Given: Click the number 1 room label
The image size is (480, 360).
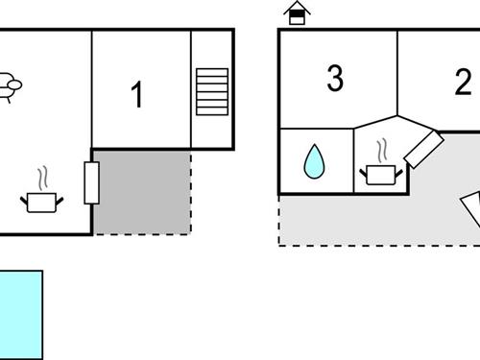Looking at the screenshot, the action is [x=136, y=95].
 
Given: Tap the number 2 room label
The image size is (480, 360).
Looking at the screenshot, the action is [x=463, y=83].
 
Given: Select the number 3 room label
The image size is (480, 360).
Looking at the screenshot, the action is [x=334, y=80].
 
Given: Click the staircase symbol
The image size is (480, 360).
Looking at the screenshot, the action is [x=212, y=91].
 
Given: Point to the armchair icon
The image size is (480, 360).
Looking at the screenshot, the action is [x=9, y=86].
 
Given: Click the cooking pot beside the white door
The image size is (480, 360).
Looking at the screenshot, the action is [x=41, y=201].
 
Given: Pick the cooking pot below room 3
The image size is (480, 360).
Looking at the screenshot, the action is [x=380, y=174].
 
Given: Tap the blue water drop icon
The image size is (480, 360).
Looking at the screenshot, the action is [x=314, y=161].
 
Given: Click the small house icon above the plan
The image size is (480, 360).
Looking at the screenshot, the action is [x=298, y=13].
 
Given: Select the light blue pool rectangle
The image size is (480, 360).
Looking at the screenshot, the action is [x=20, y=314].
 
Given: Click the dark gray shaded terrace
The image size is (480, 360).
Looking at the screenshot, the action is [x=144, y=192].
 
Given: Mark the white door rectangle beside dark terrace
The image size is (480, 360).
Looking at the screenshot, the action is [x=92, y=182].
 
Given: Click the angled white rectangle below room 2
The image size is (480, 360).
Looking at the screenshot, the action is [x=423, y=148].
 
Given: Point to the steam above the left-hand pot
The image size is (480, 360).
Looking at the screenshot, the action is [x=42, y=180].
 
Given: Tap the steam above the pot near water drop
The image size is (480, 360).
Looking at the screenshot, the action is [x=381, y=151].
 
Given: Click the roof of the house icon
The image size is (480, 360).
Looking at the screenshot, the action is [x=298, y=8].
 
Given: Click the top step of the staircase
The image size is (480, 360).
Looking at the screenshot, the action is [x=212, y=72].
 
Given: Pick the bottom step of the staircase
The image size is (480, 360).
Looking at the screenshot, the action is [x=212, y=110].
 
